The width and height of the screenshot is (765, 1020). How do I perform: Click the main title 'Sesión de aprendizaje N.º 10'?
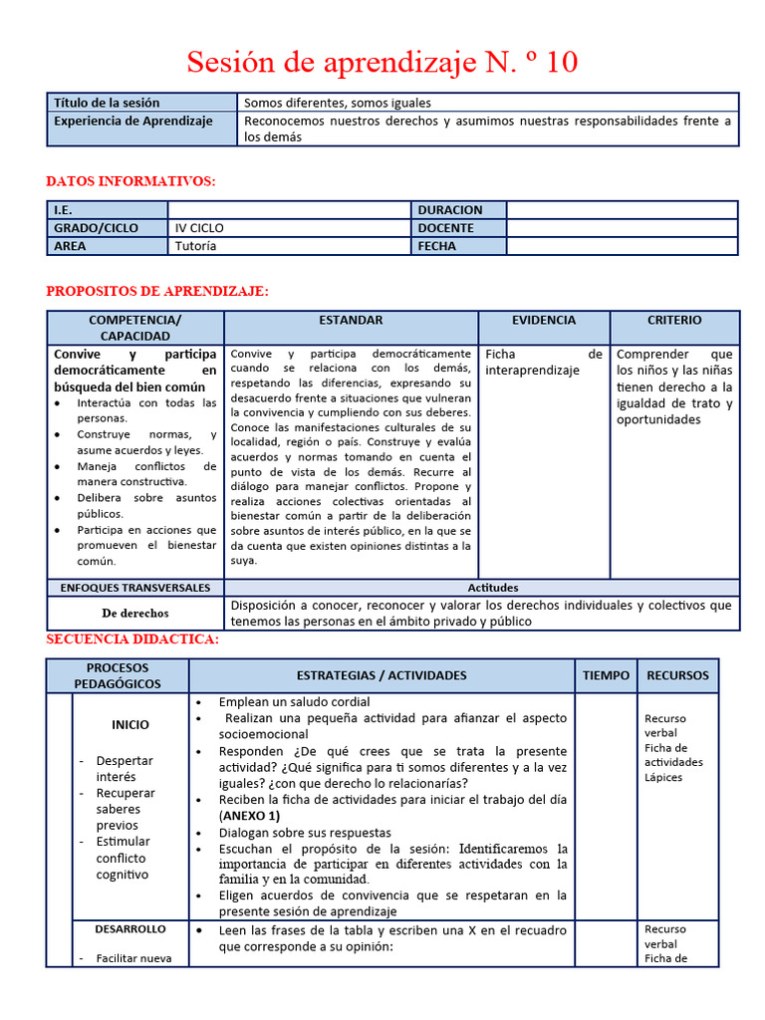(x=382, y=62)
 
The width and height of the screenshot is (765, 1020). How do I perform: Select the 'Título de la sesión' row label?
(x=107, y=103)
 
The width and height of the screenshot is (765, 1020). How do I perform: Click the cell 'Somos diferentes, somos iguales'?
(x=338, y=103)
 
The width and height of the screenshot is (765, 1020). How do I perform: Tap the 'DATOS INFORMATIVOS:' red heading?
(x=130, y=181)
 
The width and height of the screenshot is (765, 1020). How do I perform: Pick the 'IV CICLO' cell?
(x=199, y=228)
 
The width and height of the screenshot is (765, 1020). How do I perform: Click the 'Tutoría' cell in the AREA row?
(x=195, y=246)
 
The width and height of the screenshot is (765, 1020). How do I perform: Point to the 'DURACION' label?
(x=450, y=210)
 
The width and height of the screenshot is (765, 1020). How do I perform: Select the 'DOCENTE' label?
(x=445, y=228)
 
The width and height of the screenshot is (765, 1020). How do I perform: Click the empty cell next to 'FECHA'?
(x=622, y=246)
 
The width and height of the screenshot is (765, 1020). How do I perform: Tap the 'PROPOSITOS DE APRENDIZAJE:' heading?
(x=157, y=291)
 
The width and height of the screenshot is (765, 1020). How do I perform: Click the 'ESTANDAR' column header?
(x=351, y=321)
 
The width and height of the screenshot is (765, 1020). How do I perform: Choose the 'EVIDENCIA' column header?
(x=544, y=321)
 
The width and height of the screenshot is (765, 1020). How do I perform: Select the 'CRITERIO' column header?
(x=674, y=321)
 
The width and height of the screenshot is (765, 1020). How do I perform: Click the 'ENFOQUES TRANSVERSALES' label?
(x=135, y=588)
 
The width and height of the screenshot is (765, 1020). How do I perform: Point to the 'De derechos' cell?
(x=135, y=614)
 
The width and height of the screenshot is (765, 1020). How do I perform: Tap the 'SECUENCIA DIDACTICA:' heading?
(x=132, y=639)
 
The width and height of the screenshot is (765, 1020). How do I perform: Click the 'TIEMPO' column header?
(x=606, y=675)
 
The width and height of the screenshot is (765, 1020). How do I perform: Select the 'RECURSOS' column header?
(x=677, y=675)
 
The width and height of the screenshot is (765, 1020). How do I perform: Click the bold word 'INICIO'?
(x=130, y=725)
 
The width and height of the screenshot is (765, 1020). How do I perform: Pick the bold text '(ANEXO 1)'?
(x=250, y=815)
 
